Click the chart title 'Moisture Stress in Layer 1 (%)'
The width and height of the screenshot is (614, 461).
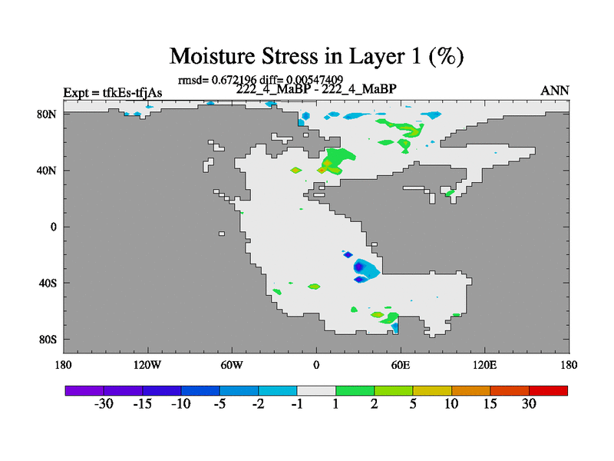[316, 56]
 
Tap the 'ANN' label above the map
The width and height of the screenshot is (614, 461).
[554, 91]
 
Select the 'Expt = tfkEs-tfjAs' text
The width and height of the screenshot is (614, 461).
[113, 92]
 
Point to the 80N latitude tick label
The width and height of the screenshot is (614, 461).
[47, 114]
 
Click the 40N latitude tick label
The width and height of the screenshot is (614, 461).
[47, 171]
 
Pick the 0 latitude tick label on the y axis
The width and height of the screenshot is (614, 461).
[53, 227]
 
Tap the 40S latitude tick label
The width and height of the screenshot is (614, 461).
[48, 283]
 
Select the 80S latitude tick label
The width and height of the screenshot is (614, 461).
[48, 340]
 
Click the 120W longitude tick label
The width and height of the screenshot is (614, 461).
[147, 365]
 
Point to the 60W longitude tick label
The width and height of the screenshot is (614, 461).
[232, 365]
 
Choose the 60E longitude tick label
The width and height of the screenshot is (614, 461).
[400, 365]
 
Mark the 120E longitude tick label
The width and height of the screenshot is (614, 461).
[485, 365]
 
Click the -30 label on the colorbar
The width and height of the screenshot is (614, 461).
[104, 403]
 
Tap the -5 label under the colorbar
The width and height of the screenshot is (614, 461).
[220, 403]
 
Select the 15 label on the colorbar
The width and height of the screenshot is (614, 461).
[490, 403]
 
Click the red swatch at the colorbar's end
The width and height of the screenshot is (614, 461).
[548, 390]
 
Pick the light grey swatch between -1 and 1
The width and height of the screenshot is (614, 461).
[316, 390]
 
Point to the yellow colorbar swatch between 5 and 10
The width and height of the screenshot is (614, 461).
[432, 390]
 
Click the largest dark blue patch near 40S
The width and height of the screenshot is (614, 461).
[359, 267]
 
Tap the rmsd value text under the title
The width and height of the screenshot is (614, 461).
[260, 80]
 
